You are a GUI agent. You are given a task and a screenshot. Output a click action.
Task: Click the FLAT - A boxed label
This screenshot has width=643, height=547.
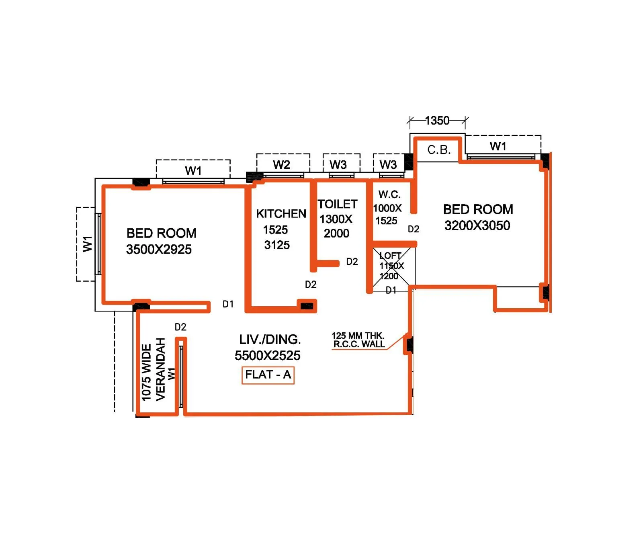point(268,375)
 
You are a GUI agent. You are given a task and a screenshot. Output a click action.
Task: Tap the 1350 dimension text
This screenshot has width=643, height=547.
point(437,121)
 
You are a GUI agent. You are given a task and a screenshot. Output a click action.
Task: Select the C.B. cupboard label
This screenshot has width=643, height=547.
point(438,150)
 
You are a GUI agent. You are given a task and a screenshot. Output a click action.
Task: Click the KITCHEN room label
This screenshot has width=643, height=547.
point(281,213)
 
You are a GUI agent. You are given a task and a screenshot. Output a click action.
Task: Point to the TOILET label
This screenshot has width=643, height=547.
point(338,204)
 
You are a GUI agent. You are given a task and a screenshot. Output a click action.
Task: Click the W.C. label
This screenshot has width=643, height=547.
point(389,195)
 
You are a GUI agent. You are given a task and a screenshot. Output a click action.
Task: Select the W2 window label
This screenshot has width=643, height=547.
point(281,165)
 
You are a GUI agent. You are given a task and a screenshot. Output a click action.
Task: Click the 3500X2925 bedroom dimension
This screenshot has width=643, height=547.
point(159,250)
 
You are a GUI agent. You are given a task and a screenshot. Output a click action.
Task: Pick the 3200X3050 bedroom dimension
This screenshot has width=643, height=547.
point(477,225)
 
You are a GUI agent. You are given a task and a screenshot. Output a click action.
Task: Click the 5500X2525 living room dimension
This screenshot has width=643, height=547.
point(267,356)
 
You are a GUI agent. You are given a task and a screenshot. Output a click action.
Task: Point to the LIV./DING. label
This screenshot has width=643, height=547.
point(270,340)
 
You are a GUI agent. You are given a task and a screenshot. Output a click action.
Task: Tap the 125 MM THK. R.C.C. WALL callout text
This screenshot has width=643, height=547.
point(358,340)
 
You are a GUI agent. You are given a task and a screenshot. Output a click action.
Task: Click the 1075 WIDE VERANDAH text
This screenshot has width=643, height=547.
point(153,370)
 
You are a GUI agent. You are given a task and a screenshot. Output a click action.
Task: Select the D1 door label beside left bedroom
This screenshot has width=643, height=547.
point(228,304)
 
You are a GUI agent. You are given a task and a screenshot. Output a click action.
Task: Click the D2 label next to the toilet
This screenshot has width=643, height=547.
point(352,262)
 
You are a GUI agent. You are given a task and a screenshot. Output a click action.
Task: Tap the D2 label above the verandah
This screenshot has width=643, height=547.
point(180,327)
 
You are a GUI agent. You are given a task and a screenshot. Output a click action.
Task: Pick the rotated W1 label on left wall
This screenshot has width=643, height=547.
point(87,244)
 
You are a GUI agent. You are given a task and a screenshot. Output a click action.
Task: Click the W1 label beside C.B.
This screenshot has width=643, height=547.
point(498,146)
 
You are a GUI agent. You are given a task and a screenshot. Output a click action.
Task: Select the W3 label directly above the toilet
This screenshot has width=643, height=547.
point(338,165)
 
